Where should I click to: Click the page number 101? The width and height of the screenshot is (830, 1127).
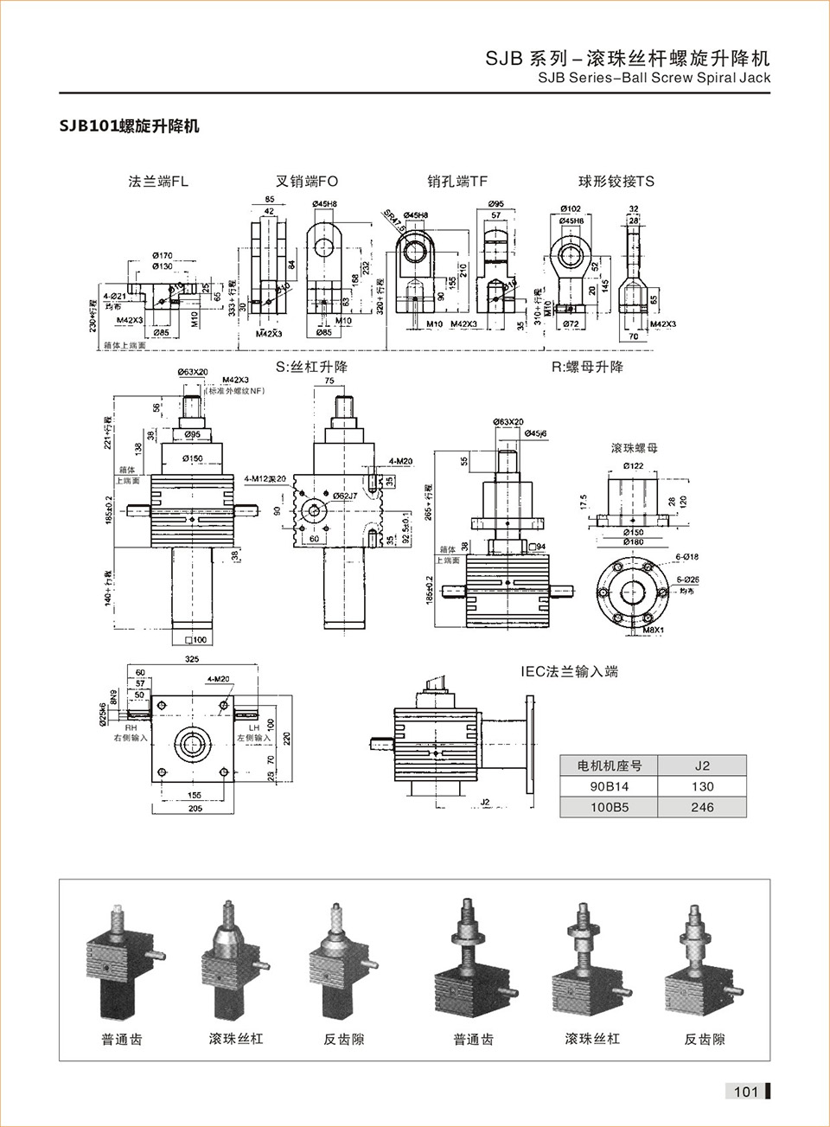click(745, 1091)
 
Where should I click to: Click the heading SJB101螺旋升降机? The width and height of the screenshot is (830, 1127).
click(129, 126)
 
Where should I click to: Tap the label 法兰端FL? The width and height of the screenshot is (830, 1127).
click(158, 182)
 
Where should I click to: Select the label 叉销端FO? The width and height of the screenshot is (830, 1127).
click(307, 182)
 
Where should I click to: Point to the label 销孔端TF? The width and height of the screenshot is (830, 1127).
click(457, 182)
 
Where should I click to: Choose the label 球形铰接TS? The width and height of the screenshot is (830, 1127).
click(616, 182)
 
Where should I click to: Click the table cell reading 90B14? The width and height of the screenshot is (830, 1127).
click(610, 786)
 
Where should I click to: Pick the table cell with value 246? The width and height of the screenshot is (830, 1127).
click(702, 807)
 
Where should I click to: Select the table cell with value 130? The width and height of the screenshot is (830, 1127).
click(702, 786)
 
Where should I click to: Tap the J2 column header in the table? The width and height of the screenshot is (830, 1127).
click(702, 765)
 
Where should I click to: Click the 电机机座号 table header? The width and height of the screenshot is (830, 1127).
click(610, 765)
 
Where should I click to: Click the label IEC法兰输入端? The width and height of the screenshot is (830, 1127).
click(569, 671)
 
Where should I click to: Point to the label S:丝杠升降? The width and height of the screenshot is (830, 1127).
click(311, 367)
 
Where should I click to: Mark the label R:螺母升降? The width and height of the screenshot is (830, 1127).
click(587, 367)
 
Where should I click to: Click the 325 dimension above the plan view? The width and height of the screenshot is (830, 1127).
click(192, 659)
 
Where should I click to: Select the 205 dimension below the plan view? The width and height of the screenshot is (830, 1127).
click(195, 809)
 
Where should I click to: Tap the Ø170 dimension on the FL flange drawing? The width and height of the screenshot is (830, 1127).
click(163, 255)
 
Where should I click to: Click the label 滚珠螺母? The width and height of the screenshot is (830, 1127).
click(635, 448)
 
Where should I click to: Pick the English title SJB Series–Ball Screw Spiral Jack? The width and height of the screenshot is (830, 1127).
click(654, 78)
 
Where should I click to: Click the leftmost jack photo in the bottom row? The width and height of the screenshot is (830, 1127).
click(122, 960)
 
